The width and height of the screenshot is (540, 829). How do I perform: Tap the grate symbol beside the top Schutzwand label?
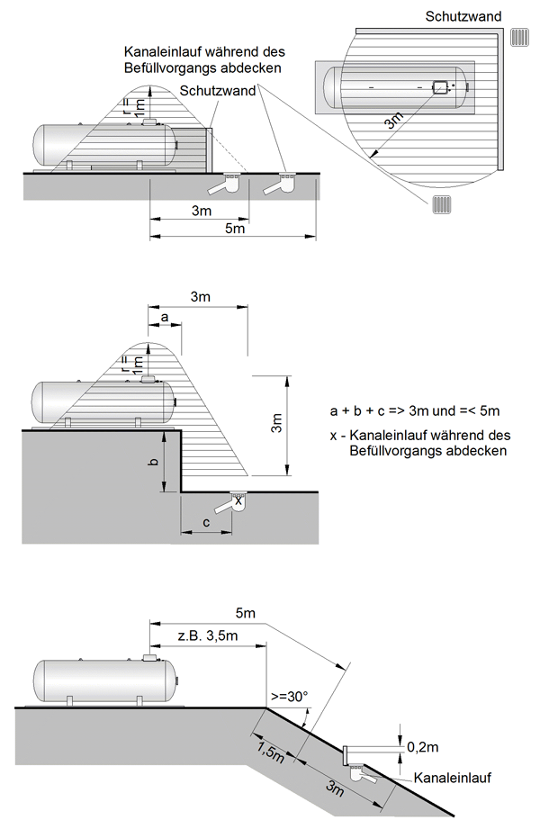click(520, 37)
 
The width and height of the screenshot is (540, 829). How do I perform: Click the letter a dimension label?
click(165, 318)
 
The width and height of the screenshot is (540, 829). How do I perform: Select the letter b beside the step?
click(154, 462)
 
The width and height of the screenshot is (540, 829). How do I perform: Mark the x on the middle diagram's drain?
click(238, 500)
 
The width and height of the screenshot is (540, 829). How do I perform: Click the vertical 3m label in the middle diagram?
click(275, 423)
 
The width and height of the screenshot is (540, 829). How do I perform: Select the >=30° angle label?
click(287, 696)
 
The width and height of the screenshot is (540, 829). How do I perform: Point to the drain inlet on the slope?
click(363, 771)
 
